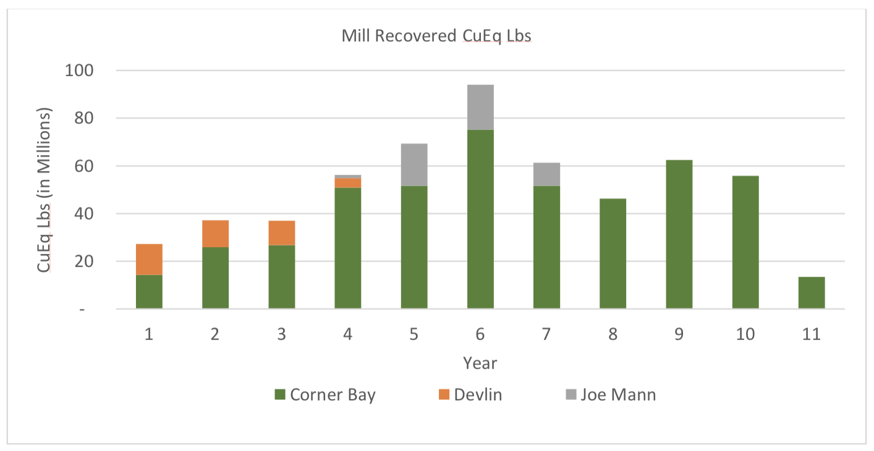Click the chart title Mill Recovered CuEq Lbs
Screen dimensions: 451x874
(x=436, y=36)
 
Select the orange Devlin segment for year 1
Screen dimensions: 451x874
(x=149, y=259)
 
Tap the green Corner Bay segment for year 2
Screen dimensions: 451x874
(x=215, y=278)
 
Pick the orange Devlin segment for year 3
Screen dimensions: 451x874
(x=281, y=233)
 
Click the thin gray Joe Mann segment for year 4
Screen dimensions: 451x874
(x=347, y=177)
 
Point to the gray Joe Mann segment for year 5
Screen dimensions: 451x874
(x=414, y=165)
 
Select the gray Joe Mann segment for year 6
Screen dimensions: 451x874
(x=480, y=107)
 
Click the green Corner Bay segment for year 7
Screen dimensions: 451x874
(x=546, y=247)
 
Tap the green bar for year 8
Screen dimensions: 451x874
(x=613, y=254)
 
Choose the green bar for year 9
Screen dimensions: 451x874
(x=679, y=235)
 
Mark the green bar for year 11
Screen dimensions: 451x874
(x=812, y=293)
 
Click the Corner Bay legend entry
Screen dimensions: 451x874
(x=325, y=395)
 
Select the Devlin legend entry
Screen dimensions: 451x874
(x=470, y=395)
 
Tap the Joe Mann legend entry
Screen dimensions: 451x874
(x=611, y=395)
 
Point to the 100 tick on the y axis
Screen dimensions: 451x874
(x=78, y=70)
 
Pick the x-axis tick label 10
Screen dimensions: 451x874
(x=745, y=334)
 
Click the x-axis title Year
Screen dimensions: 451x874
(x=480, y=363)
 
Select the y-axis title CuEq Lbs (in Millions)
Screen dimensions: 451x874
(x=45, y=190)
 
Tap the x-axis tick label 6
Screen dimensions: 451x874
(x=480, y=334)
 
